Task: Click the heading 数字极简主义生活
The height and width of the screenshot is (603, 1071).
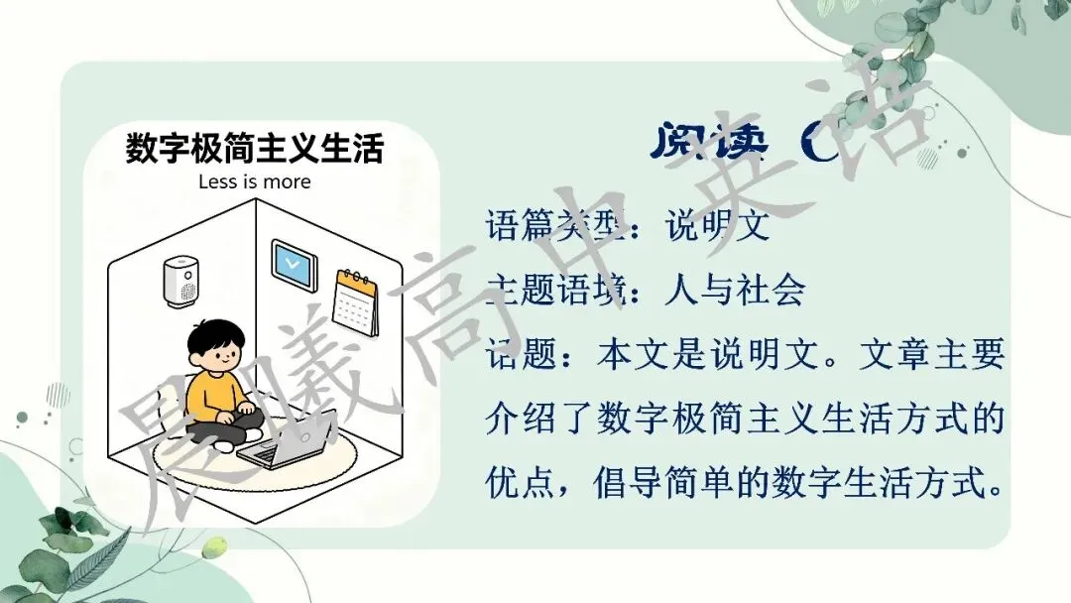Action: point(254,149)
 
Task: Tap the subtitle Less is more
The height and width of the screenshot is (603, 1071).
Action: point(254,181)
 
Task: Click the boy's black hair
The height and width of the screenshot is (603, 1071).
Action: point(215,336)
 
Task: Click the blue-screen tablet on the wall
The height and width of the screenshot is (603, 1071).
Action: point(295,265)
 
